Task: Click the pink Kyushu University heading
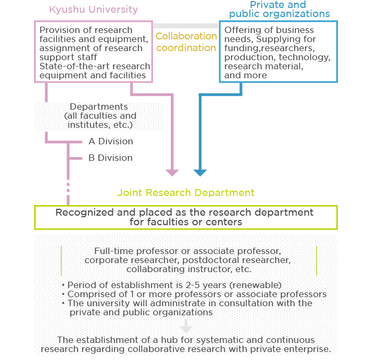pyautogui.click(x=94, y=10)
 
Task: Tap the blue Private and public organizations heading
pyautogui.click(x=279, y=9)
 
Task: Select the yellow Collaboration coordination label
pyautogui.click(x=186, y=42)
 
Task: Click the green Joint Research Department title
pyautogui.click(x=186, y=193)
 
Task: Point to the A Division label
pyautogui.click(x=111, y=142)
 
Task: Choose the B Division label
pyautogui.click(x=110, y=158)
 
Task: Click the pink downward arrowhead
pyautogui.click(x=172, y=173)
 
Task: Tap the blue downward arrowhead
pyautogui.click(x=200, y=173)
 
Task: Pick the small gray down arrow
pyautogui.click(x=186, y=326)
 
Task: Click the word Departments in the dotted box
pyautogui.click(x=99, y=107)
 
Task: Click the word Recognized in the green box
pyautogui.click(x=84, y=212)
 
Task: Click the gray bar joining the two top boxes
pyautogui.click(x=186, y=26)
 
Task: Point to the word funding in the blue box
pyautogui.click(x=241, y=48)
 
